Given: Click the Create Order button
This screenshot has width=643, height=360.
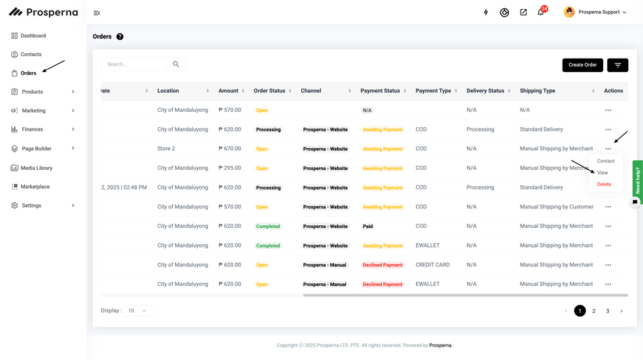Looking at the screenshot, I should click(582, 65).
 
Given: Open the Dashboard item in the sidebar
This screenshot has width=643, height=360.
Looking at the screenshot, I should click(33, 36).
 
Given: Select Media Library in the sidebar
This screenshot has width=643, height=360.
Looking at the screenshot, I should click(36, 168).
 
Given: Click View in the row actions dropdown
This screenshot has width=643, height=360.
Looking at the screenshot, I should click(602, 173).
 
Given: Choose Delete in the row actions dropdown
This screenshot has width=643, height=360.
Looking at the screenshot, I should click(604, 185).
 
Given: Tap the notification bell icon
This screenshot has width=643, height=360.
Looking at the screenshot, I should click(540, 13).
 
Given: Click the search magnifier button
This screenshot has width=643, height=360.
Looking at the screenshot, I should click(176, 64).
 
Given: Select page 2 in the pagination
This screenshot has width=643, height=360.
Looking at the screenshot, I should click(593, 311).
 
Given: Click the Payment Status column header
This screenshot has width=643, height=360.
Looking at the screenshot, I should click(380, 91).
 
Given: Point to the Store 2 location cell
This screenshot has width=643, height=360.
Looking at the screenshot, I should click(166, 149).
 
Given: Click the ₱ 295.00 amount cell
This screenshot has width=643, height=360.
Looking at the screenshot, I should click(230, 168).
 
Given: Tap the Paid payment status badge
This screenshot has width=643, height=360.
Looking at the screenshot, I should click(368, 226).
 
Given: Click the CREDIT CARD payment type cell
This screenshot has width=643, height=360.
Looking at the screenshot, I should click(433, 265).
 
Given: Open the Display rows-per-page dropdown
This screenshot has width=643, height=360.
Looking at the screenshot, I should click(137, 310).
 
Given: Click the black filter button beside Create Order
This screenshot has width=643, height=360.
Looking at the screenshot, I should click(617, 65).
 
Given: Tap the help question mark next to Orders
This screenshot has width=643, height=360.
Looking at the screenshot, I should click(120, 36).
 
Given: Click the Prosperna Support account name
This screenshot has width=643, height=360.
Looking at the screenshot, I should click(599, 13).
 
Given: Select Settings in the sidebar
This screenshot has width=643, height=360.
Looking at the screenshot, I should click(31, 206).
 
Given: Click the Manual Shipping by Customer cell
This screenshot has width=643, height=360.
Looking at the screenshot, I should click(556, 207).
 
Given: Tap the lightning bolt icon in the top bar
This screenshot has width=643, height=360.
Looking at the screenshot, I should click(486, 13).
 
